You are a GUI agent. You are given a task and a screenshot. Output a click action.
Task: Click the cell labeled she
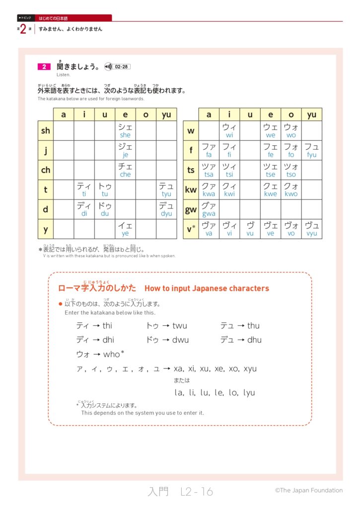[125, 130]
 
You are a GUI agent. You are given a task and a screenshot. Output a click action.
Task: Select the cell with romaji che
[125, 170]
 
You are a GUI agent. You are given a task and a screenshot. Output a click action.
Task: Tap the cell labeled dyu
[166, 209]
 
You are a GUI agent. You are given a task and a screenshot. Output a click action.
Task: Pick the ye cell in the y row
[125, 229]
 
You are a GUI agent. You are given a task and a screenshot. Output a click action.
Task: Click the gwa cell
[209, 209]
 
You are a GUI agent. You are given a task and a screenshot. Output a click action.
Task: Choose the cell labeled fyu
[311, 150]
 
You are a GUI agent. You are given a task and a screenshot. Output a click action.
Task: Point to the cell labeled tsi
[229, 170]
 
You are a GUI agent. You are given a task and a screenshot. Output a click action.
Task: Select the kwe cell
[270, 190]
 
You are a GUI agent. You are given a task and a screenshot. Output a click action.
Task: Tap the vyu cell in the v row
[311, 229]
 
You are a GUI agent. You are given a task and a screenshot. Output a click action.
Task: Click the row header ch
[46, 170]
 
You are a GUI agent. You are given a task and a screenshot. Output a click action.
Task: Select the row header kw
[191, 190]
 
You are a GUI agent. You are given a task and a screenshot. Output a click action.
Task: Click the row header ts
[191, 170]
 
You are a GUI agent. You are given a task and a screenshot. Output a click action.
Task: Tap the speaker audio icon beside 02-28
[108, 66]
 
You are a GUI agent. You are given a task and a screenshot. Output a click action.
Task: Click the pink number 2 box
[44, 66]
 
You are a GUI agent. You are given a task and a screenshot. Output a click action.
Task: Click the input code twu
[180, 326]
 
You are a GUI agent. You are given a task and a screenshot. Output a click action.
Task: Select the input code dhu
[254, 340]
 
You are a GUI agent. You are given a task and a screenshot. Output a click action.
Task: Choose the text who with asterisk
[114, 354]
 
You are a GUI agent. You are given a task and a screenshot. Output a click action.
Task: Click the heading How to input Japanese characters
[207, 288]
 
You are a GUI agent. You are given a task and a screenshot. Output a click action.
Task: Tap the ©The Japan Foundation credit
[309, 490]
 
